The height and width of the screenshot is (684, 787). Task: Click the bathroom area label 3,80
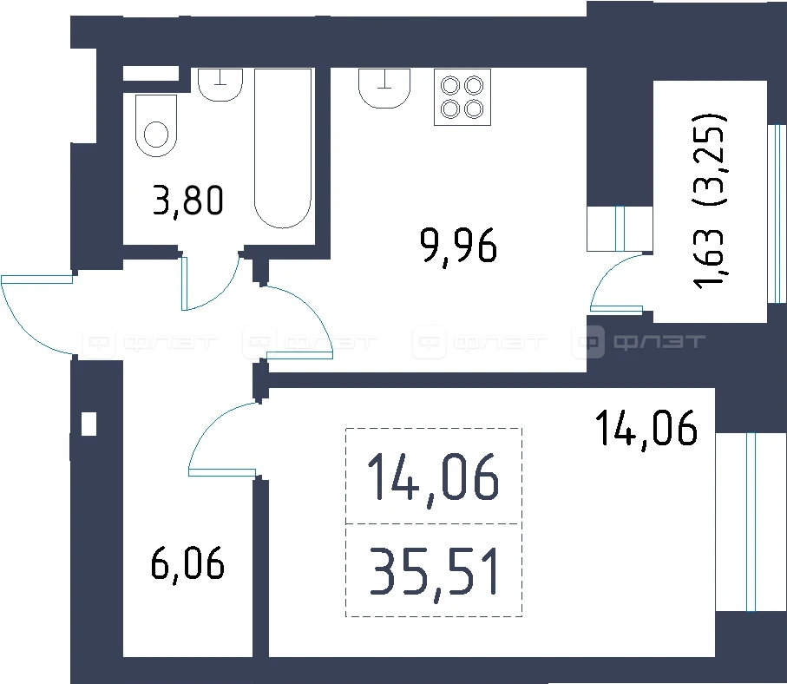[x=188, y=201]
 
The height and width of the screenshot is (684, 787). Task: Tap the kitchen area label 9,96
[x=459, y=246]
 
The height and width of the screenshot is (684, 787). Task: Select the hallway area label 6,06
[x=187, y=564]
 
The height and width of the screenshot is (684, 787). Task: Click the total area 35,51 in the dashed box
[x=434, y=572]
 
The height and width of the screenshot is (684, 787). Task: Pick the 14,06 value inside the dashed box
[x=434, y=478]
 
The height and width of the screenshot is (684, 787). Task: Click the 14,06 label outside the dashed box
[x=646, y=428]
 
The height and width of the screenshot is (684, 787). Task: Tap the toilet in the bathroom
[x=156, y=126]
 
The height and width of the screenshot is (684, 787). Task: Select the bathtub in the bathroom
[x=283, y=148]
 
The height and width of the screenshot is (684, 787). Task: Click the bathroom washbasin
[x=220, y=85]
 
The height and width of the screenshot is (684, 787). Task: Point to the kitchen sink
[x=384, y=89]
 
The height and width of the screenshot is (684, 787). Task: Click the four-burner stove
[x=462, y=97]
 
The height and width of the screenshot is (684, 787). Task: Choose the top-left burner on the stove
[x=450, y=86]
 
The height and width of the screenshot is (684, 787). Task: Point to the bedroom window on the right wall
[x=751, y=522]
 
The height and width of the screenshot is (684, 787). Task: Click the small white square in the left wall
[x=89, y=424]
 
